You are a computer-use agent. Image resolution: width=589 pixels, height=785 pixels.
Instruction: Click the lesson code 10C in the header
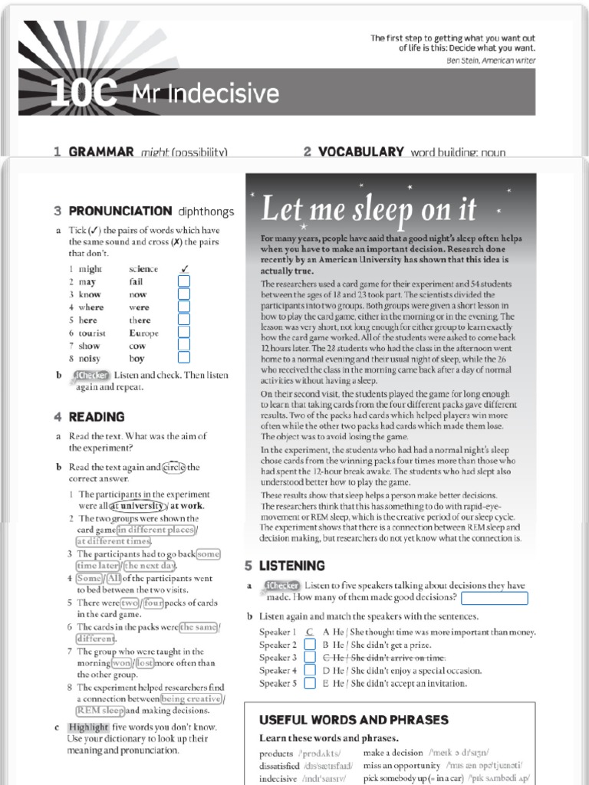(x=84, y=94)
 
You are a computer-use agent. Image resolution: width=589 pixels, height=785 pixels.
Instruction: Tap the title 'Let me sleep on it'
(x=369, y=209)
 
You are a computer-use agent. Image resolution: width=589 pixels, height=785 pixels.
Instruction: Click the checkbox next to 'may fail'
(x=183, y=282)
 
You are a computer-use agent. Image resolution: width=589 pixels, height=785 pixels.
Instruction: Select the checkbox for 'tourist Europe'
(x=183, y=333)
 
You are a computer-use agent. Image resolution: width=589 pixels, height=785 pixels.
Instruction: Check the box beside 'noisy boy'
(x=183, y=358)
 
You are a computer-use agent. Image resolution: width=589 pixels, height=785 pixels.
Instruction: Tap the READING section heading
(x=97, y=417)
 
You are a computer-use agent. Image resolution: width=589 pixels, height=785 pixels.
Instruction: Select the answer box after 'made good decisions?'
(x=495, y=598)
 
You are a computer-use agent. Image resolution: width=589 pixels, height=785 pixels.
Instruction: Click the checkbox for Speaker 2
(x=310, y=645)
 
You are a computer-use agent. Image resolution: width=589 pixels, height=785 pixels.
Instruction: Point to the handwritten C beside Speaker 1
(x=309, y=632)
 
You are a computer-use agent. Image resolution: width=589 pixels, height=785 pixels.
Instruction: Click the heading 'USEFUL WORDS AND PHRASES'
(x=354, y=720)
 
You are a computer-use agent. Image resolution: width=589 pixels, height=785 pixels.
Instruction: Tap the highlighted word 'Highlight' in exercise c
(x=88, y=727)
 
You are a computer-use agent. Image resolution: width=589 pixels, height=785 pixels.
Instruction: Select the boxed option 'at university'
(x=137, y=506)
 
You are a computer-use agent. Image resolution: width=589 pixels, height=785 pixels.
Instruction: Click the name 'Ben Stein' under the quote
(x=462, y=61)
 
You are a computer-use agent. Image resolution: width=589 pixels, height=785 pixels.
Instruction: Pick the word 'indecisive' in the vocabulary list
(x=278, y=779)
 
